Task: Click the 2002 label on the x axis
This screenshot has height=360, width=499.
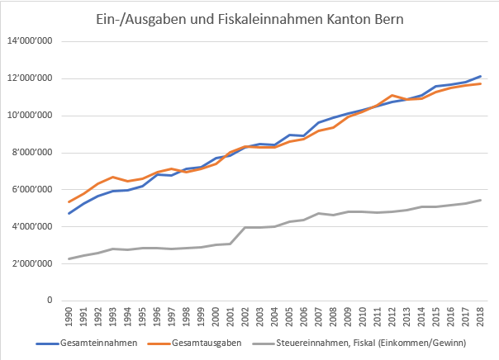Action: (245, 318)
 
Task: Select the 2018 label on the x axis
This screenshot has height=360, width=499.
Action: (480, 318)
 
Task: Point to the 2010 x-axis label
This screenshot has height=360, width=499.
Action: (363, 318)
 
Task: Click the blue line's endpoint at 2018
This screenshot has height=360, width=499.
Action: (480, 76)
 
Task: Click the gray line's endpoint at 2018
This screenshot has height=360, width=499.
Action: (480, 200)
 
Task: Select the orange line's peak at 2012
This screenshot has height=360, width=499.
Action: (392, 95)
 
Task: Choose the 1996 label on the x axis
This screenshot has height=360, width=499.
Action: (157, 318)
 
